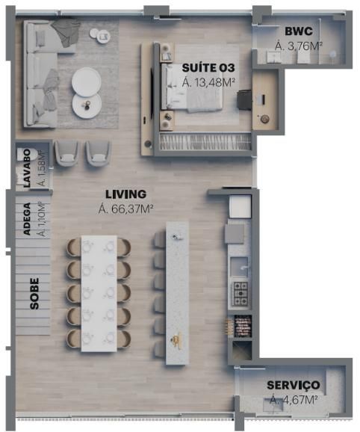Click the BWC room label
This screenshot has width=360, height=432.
[x=299, y=31]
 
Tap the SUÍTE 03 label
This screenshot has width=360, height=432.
[x=208, y=68]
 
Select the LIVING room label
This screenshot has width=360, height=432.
[x=125, y=194]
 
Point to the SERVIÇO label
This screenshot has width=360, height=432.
[x=294, y=385]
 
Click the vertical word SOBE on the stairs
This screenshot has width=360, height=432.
[x=34, y=294]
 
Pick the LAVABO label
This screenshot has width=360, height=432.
[x=27, y=169]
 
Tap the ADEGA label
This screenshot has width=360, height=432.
[x=27, y=219]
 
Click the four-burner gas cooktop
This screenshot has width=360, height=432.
[x=240, y=294]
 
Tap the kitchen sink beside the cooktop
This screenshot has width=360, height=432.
[x=239, y=266]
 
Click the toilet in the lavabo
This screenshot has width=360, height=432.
[x=25, y=154]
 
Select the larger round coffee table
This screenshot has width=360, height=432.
[x=87, y=81]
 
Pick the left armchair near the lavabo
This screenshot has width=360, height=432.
[x=66, y=153]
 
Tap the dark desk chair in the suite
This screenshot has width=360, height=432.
[x=244, y=99]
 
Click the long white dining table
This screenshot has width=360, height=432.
[x=99, y=294]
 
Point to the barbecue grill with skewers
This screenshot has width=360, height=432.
[x=242, y=326]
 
